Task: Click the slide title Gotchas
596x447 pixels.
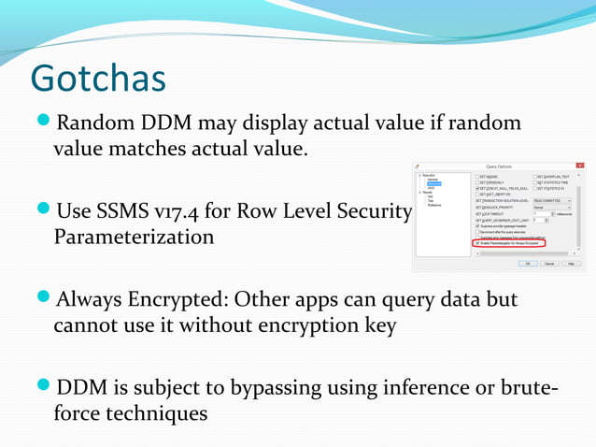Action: point(98,79)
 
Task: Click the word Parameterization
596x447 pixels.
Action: point(134,237)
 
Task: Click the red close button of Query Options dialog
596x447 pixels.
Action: point(580,166)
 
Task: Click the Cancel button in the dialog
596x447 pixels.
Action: point(549,264)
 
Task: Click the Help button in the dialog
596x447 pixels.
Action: point(572,264)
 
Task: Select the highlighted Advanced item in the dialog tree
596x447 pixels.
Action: point(434,183)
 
